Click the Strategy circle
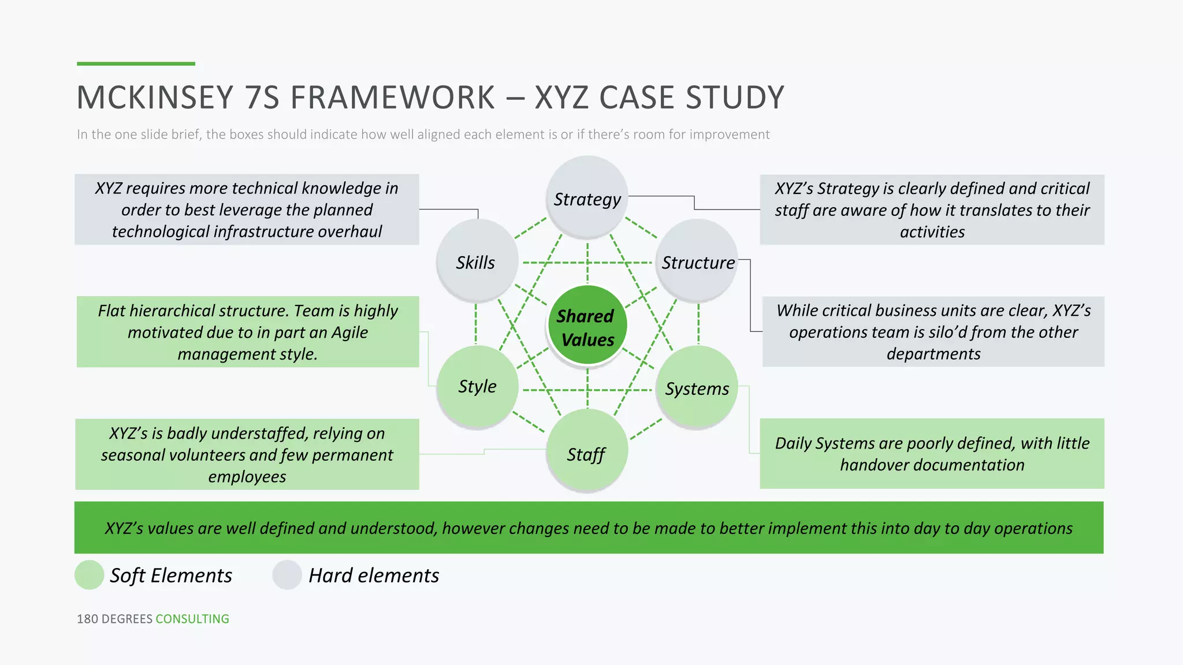(587, 196)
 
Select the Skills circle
(477, 260)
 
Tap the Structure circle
(697, 260)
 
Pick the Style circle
(477, 386)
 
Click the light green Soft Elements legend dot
(90, 575)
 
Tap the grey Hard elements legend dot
(287, 575)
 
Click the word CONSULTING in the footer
(192, 619)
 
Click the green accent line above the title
(136, 63)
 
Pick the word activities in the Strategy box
(932, 232)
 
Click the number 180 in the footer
(87, 619)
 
